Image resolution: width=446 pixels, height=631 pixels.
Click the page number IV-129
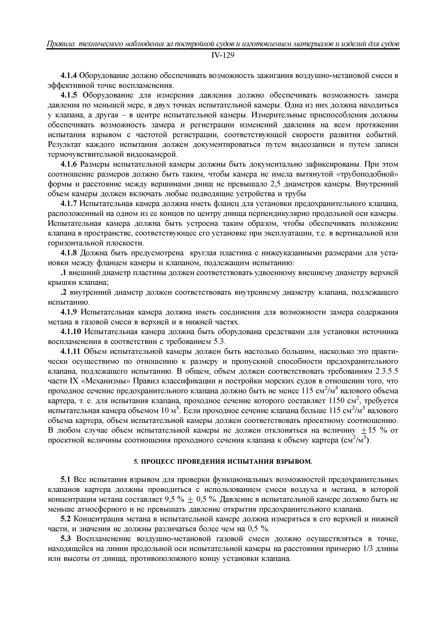pyautogui.click(x=223, y=56)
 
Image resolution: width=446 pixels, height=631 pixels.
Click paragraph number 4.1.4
pyautogui.click(x=69, y=76)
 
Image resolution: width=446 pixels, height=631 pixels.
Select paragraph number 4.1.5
pyautogui.click(x=69, y=95)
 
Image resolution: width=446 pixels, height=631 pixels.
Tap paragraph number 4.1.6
pyautogui.click(x=69, y=164)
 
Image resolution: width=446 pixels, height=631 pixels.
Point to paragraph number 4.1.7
pyautogui.click(x=69, y=204)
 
